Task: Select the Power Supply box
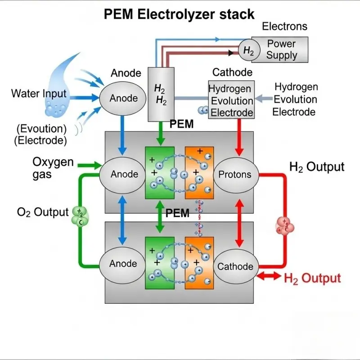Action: [x=282, y=49]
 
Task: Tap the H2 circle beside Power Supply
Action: [x=248, y=50]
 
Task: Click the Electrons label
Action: [x=284, y=27]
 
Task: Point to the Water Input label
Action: [x=39, y=94]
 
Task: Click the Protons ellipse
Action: [x=235, y=175]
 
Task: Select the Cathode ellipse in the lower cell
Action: [x=235, y=266]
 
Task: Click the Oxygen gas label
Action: [x=53, y=168]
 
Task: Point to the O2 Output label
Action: [x=43, y=212]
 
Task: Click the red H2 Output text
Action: [x=312, y=278]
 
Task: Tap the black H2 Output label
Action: [x=316, y=167]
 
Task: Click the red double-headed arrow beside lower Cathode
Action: [x=269, y=276]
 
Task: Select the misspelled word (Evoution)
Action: [x=41, y=129]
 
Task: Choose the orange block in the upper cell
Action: [x=199, y=173]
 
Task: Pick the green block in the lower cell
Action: [x=159, y=263]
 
